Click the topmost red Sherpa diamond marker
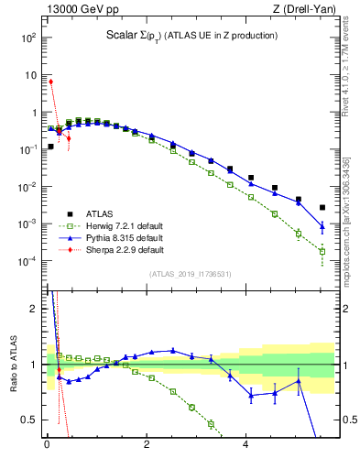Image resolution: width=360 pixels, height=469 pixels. click(50, 82)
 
